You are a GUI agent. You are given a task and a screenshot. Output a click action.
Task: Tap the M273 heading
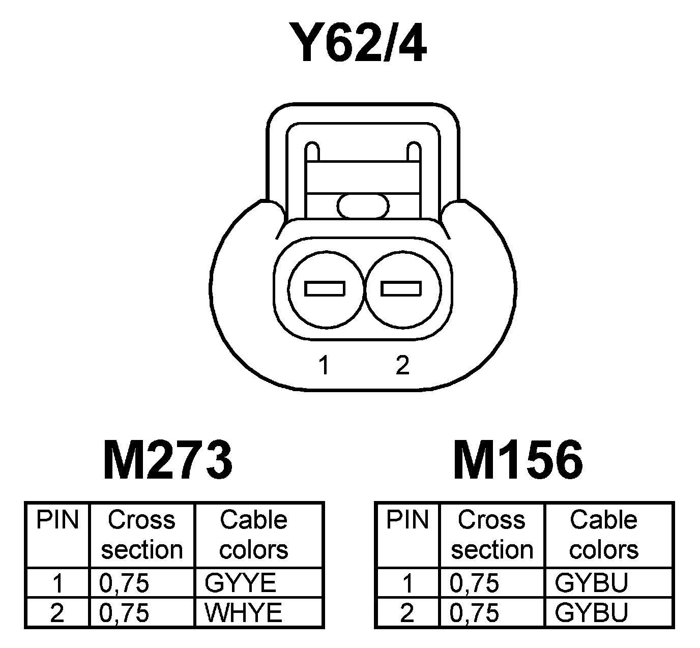pyautogui.click(x=168, y=461)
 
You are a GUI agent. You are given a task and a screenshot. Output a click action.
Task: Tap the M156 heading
pyautogui.click(x=518, y=461)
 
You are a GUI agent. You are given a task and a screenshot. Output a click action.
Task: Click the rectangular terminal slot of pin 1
pyautogui.click(x=325, y=289)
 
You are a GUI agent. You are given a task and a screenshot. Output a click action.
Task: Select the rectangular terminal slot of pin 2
pyautogui.click(x=401, y=289)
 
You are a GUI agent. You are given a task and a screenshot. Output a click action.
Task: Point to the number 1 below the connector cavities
pyautogui.click(x=324, y=365)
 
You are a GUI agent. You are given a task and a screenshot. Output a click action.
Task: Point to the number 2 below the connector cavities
pyautogui.click(x=402, y=365)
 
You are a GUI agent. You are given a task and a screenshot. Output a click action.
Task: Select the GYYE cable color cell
pyautogui.click(x=240, y=583)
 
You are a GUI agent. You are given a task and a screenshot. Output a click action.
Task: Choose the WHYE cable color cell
pyautogui.click(x=243, y=612)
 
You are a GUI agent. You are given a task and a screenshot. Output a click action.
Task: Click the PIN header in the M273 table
pyautogui.click(x=58, y=520)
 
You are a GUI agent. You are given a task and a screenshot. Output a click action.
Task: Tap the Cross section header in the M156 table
pyautogui.click(x=492, y=535)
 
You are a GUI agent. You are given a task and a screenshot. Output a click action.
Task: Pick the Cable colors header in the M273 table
pyautogui.click(x=254, y=535)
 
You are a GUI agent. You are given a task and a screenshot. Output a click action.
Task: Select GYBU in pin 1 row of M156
pyautogui.click(x=592, y=583)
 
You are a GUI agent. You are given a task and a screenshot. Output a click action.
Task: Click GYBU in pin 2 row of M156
pyautogui.click(x=592, y=612)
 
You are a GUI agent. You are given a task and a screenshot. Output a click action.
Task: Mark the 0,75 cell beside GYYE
pyautogui.click(x=125, y=583)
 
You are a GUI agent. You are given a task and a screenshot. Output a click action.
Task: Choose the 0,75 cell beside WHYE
pyautogui.click(x=125, y=612)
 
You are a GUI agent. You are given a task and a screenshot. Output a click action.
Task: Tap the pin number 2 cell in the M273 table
pyautogui.click(x=57, y=612)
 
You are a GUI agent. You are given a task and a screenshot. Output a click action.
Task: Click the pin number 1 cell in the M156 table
pyautogui.click(x=407, y=583)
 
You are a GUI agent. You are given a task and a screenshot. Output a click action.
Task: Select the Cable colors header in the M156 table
pyautogui.click(x=604, y=535)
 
